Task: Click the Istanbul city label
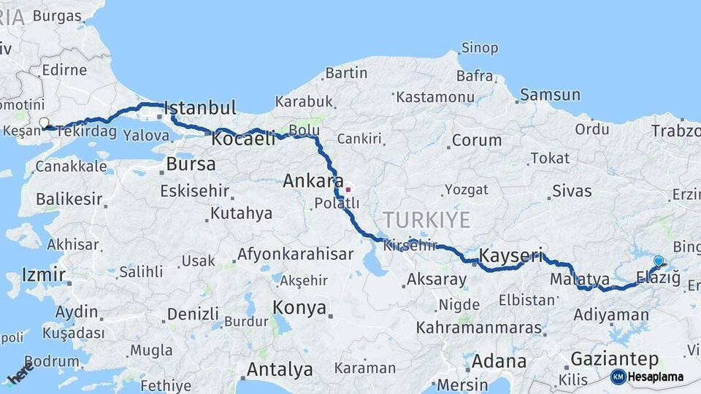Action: pos(200,109)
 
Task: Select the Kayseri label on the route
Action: pos(511,256)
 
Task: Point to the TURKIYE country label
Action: pos(427,220)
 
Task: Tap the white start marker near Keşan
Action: pos(44,123)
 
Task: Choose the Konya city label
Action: pos(299,307)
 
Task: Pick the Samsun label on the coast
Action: pos(550,95)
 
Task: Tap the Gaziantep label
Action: pos(615,359)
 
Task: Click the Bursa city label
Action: pos(191,164)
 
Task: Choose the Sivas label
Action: pos(572,191)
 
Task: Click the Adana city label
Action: pos(499,361)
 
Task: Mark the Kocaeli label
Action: pos(244,138)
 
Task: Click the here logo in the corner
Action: pos(20,373)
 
